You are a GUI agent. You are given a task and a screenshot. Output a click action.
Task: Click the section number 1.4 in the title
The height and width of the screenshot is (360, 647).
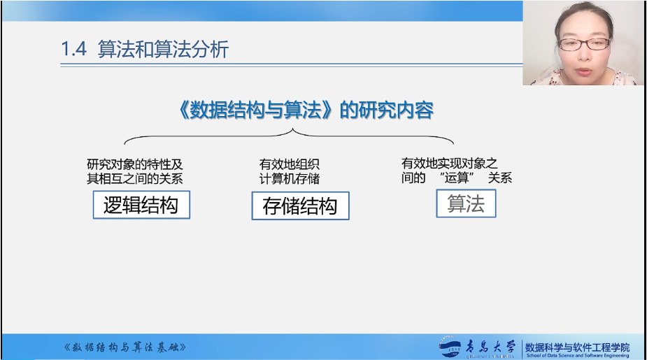click(74, 49)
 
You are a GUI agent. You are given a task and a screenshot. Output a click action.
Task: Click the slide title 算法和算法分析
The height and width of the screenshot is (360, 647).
click(163, 50)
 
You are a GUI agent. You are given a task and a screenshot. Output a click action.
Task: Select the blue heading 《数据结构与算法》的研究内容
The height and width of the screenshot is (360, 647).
click(306, 110)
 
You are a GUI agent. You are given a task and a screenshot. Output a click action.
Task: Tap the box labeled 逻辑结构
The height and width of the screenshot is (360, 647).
click(141, 205)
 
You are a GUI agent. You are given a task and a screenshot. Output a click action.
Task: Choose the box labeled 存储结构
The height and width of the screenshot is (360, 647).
click(300, 206)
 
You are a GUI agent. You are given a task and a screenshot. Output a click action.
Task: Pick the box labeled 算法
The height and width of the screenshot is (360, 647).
click(466, 203)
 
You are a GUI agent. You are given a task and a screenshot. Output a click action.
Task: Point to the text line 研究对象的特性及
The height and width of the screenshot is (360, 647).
click(135, 164)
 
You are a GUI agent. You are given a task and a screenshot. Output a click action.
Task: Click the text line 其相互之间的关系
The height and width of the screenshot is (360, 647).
click(135, 178)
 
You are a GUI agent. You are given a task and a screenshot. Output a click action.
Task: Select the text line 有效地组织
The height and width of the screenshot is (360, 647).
click(290, 164)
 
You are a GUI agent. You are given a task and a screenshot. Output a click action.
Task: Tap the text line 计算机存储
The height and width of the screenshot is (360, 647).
click(290, 178)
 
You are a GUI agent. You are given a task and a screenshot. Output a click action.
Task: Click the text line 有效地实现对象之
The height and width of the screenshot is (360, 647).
click(449, 164)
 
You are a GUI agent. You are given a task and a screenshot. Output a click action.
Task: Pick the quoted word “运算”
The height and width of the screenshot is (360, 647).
click(457, 178)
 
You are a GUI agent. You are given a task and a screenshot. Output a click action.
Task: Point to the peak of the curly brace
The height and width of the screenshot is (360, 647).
click(292, 129)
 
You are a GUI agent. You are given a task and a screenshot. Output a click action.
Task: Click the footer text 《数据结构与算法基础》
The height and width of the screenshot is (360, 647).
click(125, 347)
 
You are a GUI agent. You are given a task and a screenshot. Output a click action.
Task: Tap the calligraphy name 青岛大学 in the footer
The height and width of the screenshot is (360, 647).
click(490, 347)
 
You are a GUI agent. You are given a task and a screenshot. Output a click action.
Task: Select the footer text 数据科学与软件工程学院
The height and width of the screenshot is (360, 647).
click(577, 347)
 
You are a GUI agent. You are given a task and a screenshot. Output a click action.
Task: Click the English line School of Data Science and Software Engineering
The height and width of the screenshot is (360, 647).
click(578, 356)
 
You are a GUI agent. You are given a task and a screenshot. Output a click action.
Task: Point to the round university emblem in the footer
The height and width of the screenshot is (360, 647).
click(450, 347)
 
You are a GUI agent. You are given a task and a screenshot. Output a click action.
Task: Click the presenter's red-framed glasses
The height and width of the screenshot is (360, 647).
click(584, 44)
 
